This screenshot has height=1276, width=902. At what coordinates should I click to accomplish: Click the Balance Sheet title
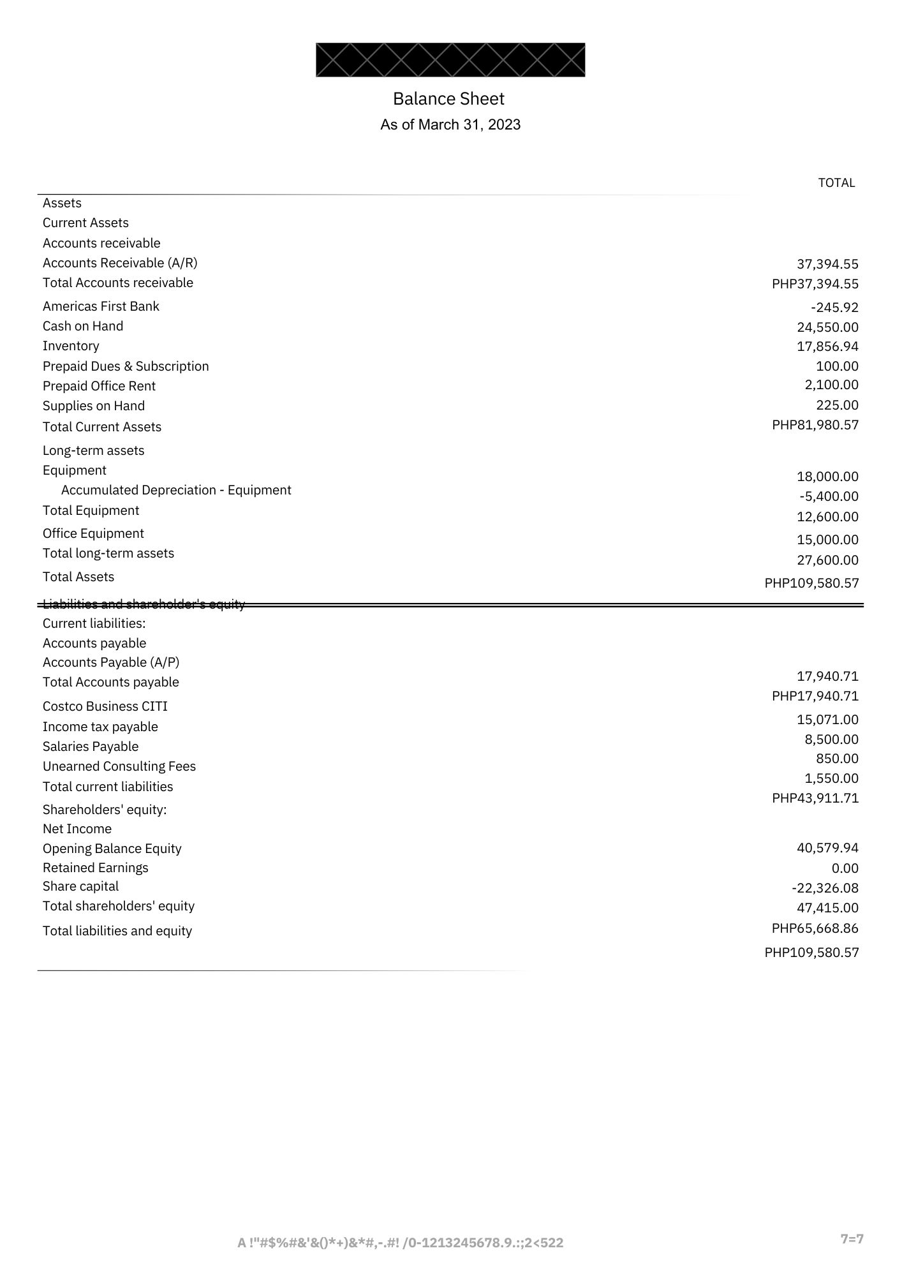pyautogui.click(x=448, y=99)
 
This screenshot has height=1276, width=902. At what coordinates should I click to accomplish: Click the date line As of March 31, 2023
pyautogui.click(x=450, y=124)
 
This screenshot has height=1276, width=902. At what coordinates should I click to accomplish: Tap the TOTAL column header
pyautogui.click(x=836, y=183)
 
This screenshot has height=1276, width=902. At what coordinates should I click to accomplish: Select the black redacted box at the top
pyautogui.click(x=450, y=60)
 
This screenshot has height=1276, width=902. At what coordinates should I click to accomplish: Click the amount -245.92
pyautogui.click(x=834, y=308)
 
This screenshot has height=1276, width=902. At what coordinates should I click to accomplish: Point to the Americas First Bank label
pyautogui.click(x=101, y=306)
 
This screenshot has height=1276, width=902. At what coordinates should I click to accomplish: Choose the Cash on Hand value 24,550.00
pyautogui.click(x=827, y=327)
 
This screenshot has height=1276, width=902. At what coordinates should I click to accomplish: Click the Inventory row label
pyautogui.click(x=71, y=346)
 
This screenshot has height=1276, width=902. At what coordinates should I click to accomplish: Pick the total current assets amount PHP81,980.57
pyautogui.click(x=815, y=425)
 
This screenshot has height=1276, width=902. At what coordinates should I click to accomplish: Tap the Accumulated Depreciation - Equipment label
pyautogui.click(x=176, y=490)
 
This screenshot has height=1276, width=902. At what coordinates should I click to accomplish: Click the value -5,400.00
pyautogui.click(x=829, y=496)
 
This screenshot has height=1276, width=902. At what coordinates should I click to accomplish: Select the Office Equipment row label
pyautogui.click(x=93, y=533)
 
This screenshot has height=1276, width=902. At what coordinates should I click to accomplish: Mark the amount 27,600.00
pyautogui.click(x=827, y=560)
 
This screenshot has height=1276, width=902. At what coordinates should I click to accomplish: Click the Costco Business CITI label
pyautogui.click(x=105, y=706)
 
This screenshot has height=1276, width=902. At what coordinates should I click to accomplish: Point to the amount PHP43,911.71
pyautogui.click(x=815, y=798)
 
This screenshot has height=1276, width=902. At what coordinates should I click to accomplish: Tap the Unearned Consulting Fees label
pyautogui.click(x=119, y=766)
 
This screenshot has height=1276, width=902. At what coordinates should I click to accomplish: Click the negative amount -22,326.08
pyautogui.click(x=825, y=888)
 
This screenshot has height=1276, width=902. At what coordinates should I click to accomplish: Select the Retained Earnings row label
pyautogui.click(x=96, y=868)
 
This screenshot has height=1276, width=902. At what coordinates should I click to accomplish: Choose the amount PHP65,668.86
pyautogui.click(x=815, y=928)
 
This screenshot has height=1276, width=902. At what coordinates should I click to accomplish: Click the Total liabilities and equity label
pyautogui.click(x=117, y=931)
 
